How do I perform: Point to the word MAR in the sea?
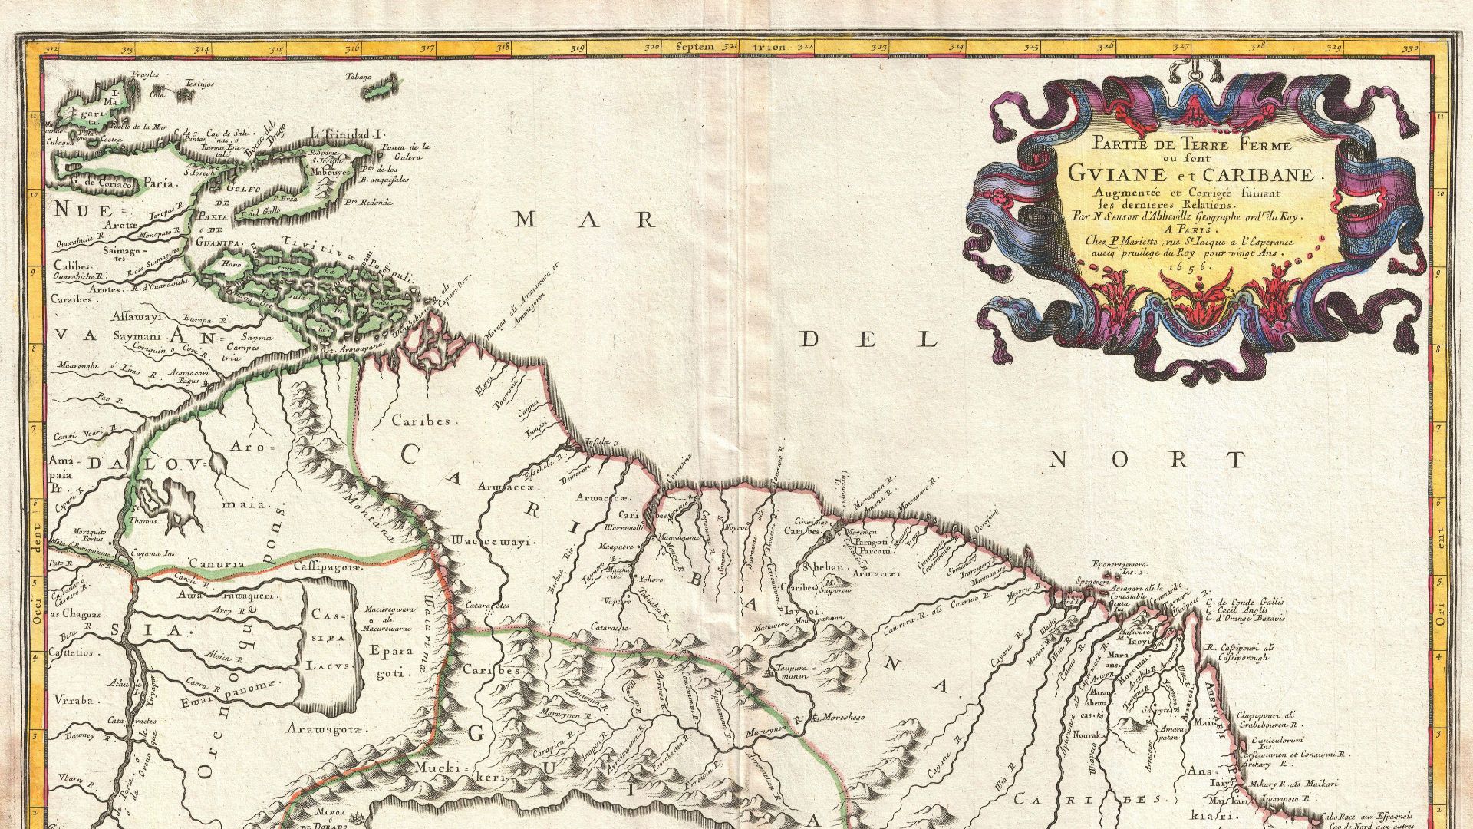tap(585, 221)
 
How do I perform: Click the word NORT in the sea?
tap(1146, 460)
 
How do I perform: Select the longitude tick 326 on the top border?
tap(1105, 48)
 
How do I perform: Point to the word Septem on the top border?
tap(694, 48)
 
